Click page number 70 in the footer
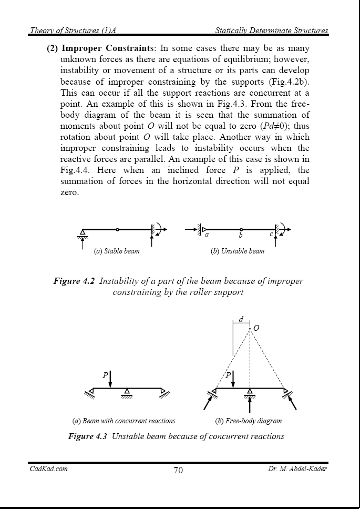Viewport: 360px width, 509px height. tap(178, 470)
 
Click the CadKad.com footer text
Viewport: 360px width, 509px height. tap(48, 469)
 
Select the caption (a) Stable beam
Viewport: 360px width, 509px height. tap(117, 251)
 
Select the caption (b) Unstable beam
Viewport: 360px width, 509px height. tap(237, 251)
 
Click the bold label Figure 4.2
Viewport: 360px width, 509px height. tap(74, 281)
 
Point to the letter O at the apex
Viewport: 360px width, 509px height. tap(256, 329)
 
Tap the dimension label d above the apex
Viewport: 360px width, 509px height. tap(241, 319)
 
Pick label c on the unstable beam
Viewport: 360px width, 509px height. tap(271, 235)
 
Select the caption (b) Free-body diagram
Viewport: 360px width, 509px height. tap(249, 421)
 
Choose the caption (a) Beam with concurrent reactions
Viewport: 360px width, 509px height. tap(124, 421)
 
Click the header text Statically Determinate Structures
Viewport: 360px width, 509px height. tap(272, 31)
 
